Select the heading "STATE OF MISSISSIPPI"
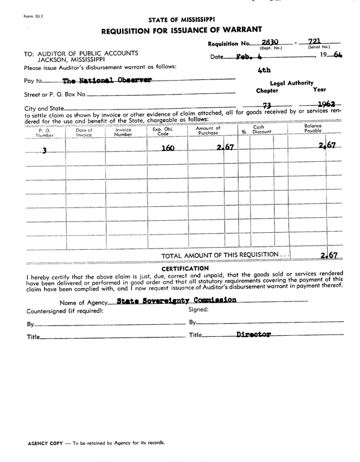pos(181,19)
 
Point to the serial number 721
pos(317,41)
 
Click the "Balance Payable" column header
pos(313,128)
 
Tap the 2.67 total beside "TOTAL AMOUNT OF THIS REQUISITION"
pos(328,255)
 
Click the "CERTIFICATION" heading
pos(185,268)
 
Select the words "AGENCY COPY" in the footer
pos(45,442)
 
